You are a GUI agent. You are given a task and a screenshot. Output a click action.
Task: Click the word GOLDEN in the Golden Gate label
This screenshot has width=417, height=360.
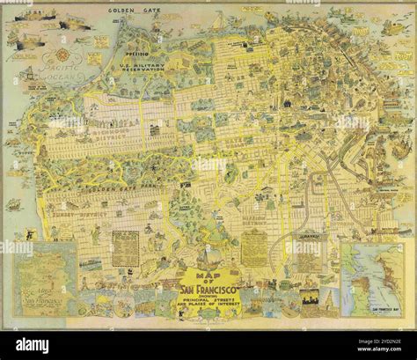click(121, 11)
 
